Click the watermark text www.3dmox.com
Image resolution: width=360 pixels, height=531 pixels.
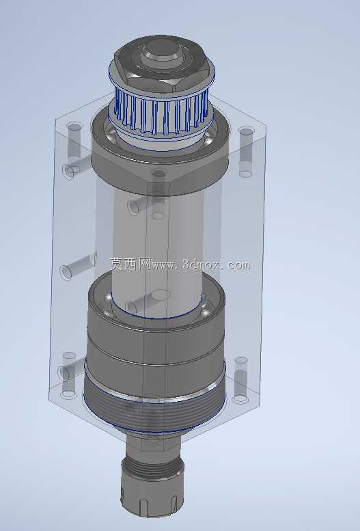pyautogui.click(x=202, y=265)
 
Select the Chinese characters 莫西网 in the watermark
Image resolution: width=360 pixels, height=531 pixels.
pyautogui.click(x=130, y=264)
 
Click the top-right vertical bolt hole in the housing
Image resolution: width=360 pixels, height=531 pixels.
pyautogui.click(x=246, y=152)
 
